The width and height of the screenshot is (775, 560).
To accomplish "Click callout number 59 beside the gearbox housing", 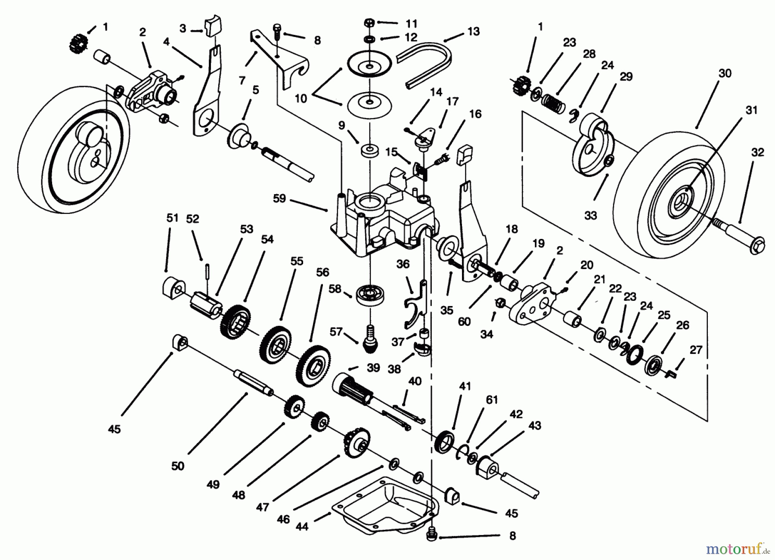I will (279, 199).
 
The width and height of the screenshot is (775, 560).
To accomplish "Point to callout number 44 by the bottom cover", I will (302, 526).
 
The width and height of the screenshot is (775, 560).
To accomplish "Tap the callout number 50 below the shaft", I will (178, 465).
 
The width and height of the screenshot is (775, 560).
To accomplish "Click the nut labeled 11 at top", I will (369, 22).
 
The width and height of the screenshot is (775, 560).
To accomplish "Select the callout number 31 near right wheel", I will (751, 110).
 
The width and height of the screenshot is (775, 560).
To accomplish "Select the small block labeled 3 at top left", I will (211, 29).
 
